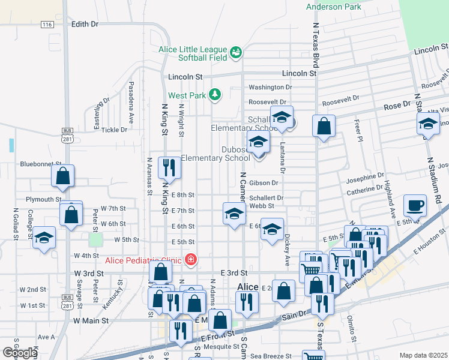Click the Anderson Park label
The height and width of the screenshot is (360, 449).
334,7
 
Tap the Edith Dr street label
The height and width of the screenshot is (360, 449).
85,24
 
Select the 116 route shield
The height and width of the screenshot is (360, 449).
47,24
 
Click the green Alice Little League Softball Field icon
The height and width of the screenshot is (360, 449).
237,53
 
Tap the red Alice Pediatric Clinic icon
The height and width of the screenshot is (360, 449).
191,260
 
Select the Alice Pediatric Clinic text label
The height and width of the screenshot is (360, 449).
144,260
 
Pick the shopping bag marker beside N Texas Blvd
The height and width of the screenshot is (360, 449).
324,126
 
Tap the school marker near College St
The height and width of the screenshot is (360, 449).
44,237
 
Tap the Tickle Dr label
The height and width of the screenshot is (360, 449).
114,130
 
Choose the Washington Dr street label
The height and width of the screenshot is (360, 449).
270,87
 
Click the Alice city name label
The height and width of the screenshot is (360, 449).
248,287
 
